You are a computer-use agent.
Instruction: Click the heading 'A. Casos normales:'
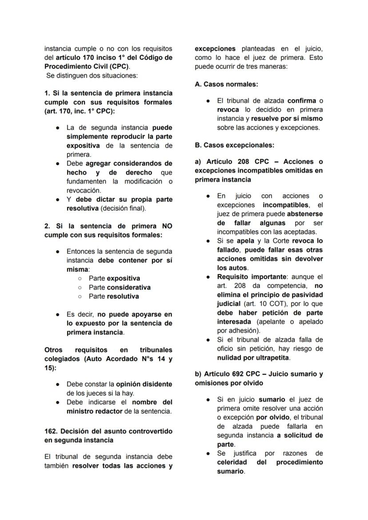coord(226,84)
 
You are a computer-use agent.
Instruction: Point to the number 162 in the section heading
coord(51,431)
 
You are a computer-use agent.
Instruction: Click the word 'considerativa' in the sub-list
coord(128,287)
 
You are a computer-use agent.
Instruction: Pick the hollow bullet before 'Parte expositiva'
coord(80,278)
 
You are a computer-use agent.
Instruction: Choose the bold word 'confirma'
coord(301,101)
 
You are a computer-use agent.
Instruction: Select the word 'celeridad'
coord(232,462)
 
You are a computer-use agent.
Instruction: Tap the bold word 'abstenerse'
coord(305,214)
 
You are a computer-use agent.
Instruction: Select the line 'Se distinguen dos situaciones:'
coord(92,76)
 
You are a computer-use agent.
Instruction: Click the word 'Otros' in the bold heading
coord(53,350)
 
